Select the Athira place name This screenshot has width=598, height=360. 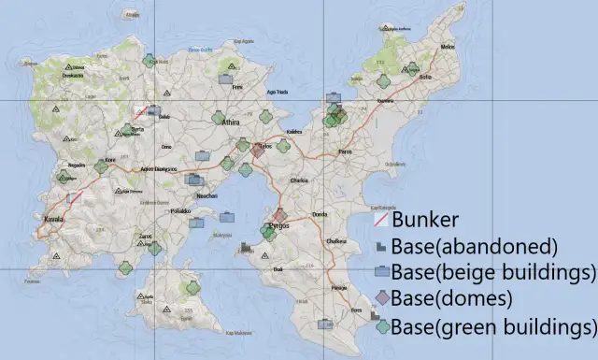pyautogui.click(x=232, y=122)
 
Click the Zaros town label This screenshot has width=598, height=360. pyautogui.click(x=145, y=237)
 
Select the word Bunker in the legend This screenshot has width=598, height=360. pyautogui.click(x=425, y=221)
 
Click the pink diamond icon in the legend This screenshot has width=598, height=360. pyautogui.click(x=381, y=299)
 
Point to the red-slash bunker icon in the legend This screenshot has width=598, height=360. pyautogui.click(x=381, y=221)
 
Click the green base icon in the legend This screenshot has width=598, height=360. pyautogui.click(x=381, y=326)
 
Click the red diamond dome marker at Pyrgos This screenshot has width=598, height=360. pyautogui.click(x=278, y=216)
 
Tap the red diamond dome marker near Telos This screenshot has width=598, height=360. pyautogui.click(x=257, y=149)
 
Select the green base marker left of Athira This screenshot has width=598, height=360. pyautogui.click(x=217, y=119)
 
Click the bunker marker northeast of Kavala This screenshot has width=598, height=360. pyautogui.click(x=75, y=196)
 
